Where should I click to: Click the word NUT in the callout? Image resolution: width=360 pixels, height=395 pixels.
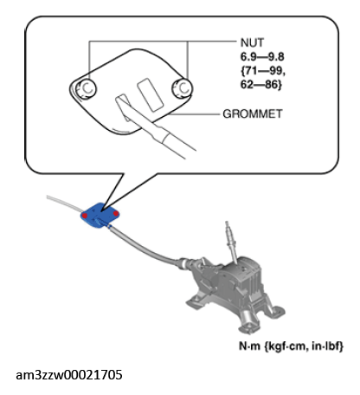click(x=252, y=42)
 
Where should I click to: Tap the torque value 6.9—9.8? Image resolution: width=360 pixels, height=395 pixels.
click(x=262, y=57)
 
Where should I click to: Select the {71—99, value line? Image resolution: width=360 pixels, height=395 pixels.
click(x=263, y=71)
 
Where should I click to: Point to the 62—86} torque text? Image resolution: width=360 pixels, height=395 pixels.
click(x=260, y=85)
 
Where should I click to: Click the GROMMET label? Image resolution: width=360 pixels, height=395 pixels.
click(x=253, y=113)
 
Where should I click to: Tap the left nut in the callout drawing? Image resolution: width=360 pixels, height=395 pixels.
click(x=86, y=89)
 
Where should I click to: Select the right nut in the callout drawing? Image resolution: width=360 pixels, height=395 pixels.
click(x=183, y=88)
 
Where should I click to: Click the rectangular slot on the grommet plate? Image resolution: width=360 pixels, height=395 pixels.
click(x=150, y=94)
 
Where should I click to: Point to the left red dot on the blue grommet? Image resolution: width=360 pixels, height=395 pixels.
click(x=85, y=216)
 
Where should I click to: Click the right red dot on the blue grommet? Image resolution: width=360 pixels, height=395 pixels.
click(x=116, y=213)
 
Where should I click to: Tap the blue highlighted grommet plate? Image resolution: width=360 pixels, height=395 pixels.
click(x=100, y=215)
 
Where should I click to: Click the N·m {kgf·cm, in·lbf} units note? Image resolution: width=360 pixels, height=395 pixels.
click(x=292, y=346)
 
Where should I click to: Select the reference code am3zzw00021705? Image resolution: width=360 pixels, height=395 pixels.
click(x=69, y=375)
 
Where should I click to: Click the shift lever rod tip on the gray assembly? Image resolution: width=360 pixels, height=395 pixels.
click(x=227, y=223)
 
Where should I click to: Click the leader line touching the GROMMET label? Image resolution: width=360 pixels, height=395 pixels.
click(x=195, y=114)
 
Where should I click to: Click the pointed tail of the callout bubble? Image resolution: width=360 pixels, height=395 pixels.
click(x=101, y=208)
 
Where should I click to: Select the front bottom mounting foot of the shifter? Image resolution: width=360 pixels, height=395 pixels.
click(x=247, y=327)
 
